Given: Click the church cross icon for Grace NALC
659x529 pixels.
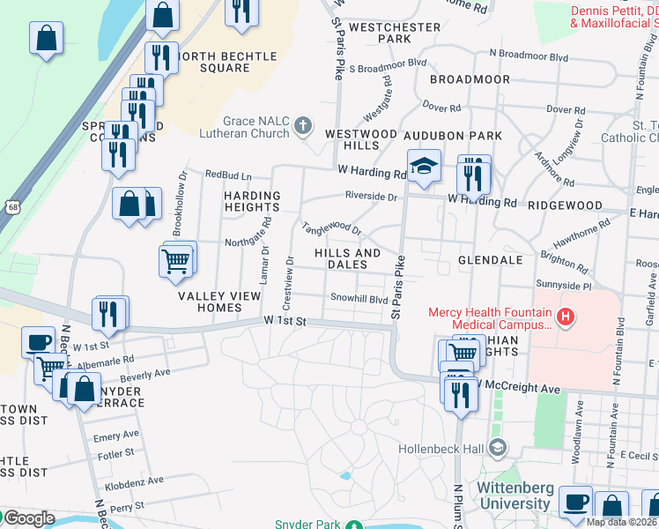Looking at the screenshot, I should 304,125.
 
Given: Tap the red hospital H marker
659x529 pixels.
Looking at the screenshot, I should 566,314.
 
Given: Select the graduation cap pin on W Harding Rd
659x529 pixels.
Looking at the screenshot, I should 424,167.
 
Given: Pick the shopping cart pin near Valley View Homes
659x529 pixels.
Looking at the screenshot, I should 175,262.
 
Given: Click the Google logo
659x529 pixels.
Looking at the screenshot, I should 28,518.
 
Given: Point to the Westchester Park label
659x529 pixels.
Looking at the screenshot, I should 395,33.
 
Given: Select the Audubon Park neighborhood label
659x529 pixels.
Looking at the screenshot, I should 453,136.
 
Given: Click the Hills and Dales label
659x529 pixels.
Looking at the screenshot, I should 348,258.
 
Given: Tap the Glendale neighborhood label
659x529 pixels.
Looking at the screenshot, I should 490,260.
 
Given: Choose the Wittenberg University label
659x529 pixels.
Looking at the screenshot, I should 514,495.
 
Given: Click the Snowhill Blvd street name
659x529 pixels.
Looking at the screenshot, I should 359,299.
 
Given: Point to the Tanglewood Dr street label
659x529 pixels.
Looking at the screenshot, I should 331,228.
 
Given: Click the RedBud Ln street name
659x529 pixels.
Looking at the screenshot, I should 227,175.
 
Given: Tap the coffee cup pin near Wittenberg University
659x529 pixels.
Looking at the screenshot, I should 575,503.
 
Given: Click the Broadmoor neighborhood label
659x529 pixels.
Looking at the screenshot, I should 470,79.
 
